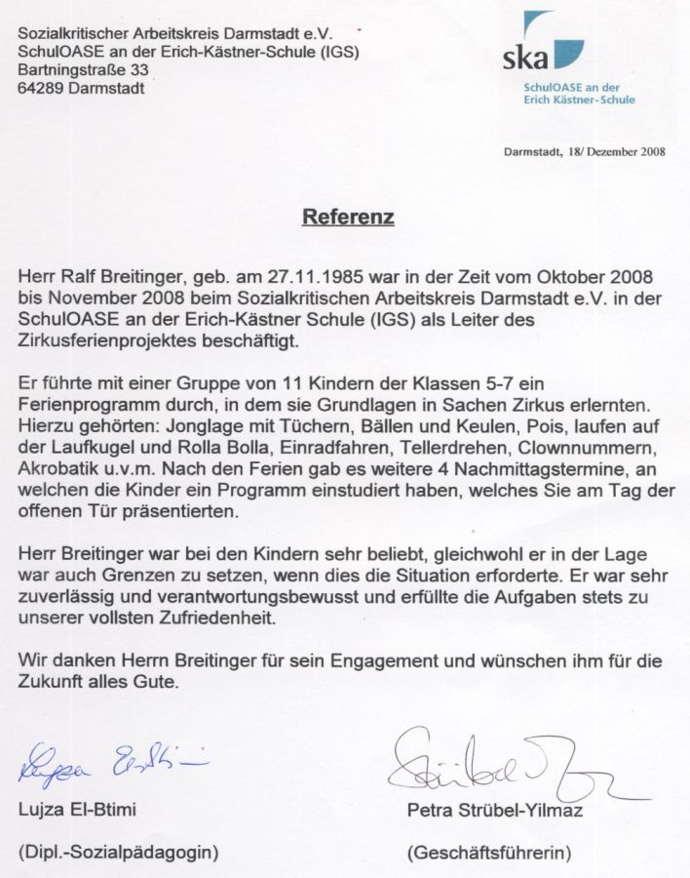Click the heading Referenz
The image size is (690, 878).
click(x=348, y=216)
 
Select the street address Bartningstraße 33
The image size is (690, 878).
click(x=84, y=70)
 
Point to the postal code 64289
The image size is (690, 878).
click(x=42, y=88)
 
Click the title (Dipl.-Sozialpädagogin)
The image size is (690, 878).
click(x=118, y=852)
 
